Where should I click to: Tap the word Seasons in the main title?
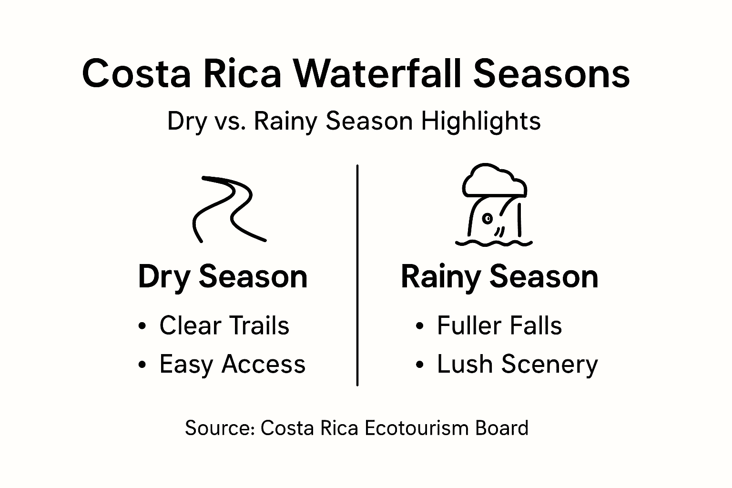(x=552, y=74)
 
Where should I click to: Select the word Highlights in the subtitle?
(x=481, y=121)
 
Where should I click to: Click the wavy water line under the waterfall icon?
(x=494, y=242)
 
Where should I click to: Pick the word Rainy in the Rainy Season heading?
(x=441, y=277)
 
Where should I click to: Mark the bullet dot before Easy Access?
(x=142, y=365)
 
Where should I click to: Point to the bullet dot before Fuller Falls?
(x=419, y=326)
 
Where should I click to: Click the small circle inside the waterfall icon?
(x=487, y=218)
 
